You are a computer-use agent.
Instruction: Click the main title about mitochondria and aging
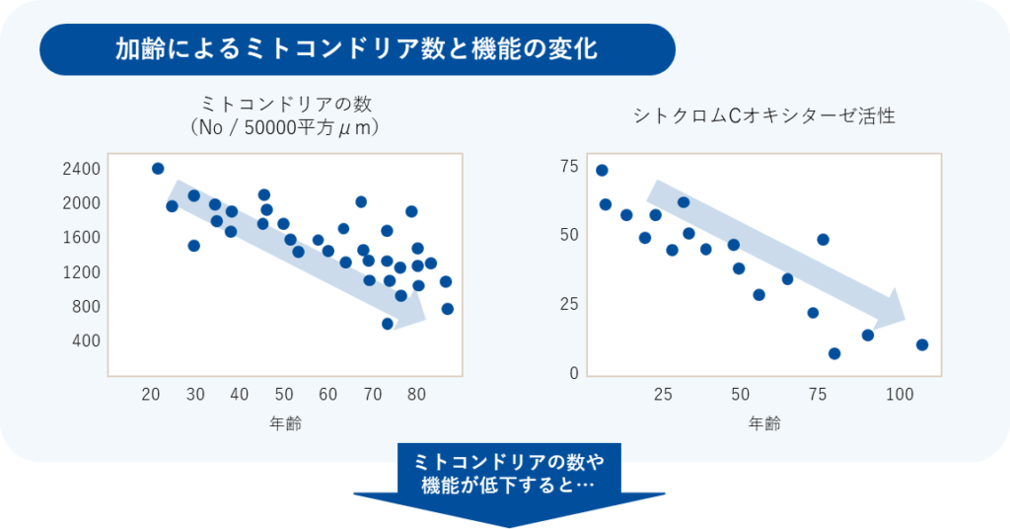[x=356, y=48]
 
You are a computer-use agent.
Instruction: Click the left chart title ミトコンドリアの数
[x=286, y=104]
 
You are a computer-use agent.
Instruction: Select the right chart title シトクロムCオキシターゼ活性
[x=764, y=116]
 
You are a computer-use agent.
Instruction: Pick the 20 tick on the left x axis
[x=152, y=394]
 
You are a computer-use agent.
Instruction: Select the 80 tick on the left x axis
[x=416, y=394]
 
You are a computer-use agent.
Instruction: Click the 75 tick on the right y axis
[x=568, y=166]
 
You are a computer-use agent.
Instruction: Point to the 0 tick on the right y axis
[x=573, y=373]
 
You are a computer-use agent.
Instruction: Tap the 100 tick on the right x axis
[x=900, y=395]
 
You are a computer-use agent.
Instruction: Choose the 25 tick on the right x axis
[x=663, y=395]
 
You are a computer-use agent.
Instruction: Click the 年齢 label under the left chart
[x=285, y=424]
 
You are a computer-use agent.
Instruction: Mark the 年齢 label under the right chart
[x=764, y=424]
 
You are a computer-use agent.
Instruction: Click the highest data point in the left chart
[x=158, y=169]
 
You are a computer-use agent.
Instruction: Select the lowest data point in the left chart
[x=388, y=324]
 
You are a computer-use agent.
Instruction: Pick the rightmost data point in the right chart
[x=922, y=344]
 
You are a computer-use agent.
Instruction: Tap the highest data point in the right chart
[x=602, y=171]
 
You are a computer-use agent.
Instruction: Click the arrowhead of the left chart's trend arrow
[x=413, y=310]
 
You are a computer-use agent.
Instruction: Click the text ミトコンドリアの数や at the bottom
[x=508, y=462]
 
